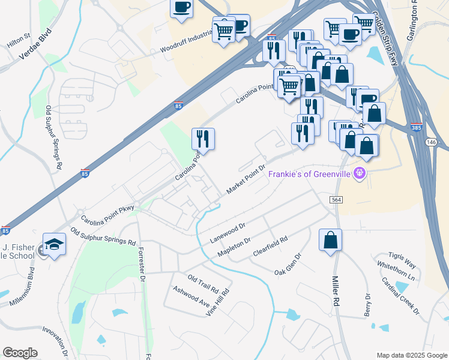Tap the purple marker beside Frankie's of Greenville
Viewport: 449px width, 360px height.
[x=360, y=174]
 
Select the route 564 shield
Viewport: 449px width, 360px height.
[x=336, y=199]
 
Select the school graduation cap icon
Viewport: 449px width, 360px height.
[x=55, y=244]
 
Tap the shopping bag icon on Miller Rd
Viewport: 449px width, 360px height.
[x=330, y=241]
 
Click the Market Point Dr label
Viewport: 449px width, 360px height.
[x=246, y=179]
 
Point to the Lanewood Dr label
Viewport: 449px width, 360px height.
[x=228, y=233]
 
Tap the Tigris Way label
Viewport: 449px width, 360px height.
[x=402, y=259]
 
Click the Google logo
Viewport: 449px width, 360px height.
[x=20, y=353]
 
